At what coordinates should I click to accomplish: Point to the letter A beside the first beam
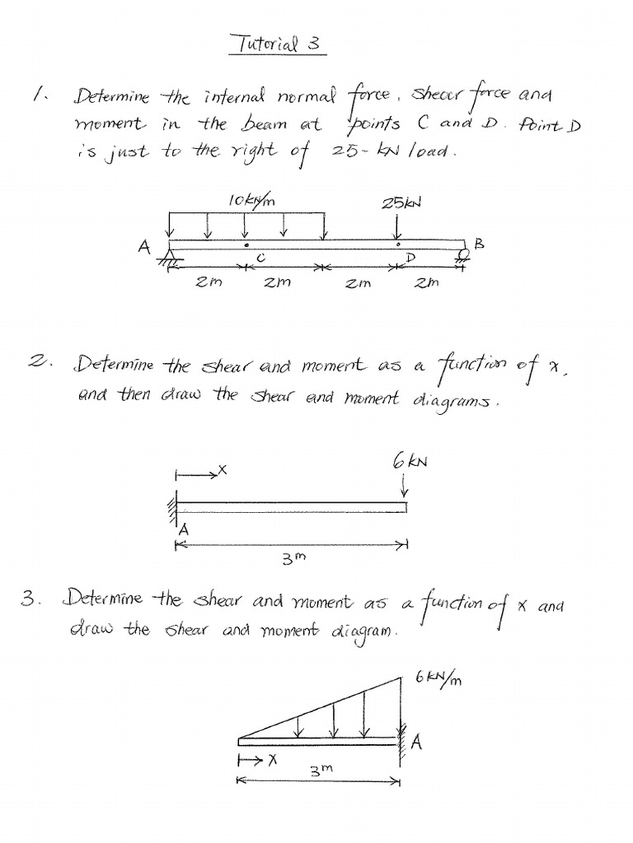[146, 245]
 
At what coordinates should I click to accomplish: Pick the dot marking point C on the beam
[245, 245]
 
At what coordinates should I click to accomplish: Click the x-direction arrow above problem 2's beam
[198, 473]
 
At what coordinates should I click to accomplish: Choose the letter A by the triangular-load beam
[416, 743]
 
